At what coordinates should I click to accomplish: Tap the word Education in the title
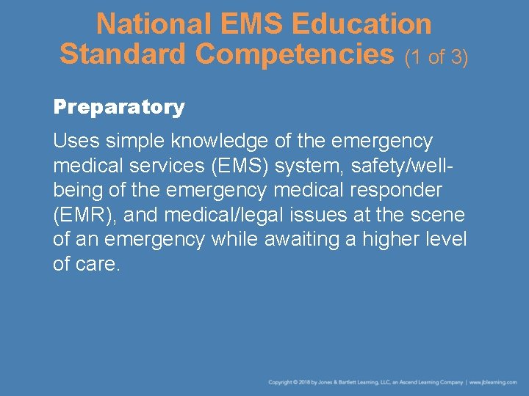361,24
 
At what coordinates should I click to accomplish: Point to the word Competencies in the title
295,54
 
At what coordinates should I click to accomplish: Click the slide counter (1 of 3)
436,56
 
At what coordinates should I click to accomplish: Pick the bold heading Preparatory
119,107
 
